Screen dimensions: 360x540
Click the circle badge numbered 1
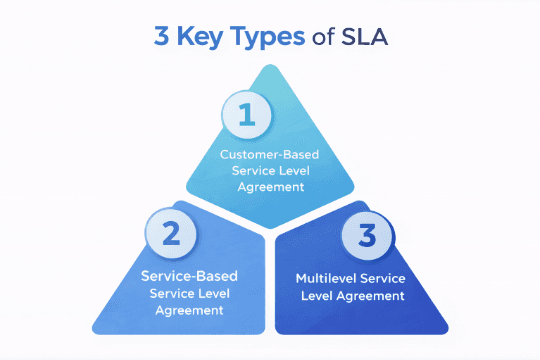247,115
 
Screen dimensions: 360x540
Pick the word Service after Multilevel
385,278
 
